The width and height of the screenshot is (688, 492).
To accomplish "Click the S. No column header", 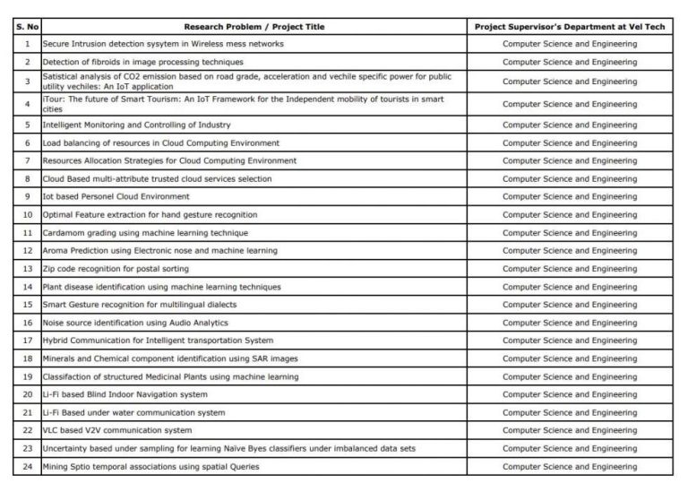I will click(28, 26).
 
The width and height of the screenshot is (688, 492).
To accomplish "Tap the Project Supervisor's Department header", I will click(570, 26).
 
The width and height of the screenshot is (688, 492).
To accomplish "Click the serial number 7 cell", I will click(28, 160).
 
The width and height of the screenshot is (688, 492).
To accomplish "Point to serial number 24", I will click(28, 466).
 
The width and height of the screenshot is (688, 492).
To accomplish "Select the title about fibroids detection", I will click(142, 62).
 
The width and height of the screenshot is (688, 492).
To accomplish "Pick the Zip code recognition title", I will click(116, 269).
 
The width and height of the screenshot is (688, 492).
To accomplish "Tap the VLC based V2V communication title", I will click(116, 430).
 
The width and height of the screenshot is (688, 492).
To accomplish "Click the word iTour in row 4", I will click(52, 99).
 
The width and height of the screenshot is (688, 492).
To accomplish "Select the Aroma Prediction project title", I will click(159, 250).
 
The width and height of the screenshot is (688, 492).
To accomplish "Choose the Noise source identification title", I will click(135, 323).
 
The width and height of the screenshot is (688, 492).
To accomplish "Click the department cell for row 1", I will click(570, 43).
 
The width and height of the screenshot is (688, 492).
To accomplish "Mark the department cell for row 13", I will click(570, 269).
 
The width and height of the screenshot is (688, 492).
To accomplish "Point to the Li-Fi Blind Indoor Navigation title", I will click(125, 394).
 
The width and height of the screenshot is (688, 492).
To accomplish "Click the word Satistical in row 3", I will click(61, 76).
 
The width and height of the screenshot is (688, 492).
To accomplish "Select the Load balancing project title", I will click(161, 142).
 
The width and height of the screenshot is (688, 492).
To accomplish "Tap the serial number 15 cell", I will click(28, 305).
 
